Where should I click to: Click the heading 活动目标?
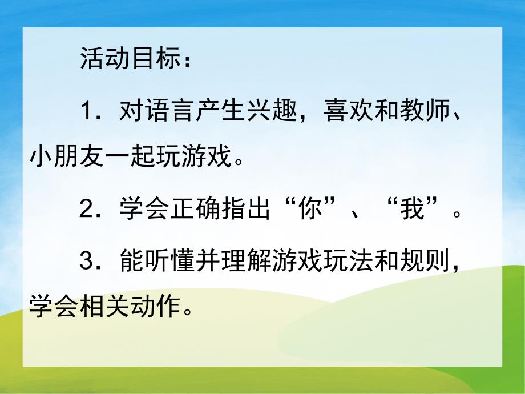tap(129, 60)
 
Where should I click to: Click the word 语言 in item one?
tap(169, 110)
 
